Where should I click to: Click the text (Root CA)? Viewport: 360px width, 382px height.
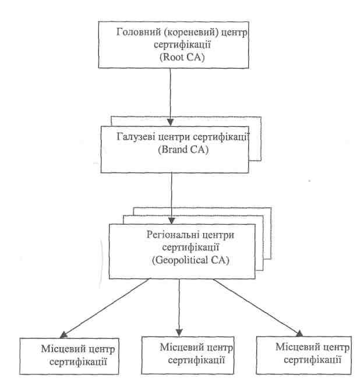tap(182, 57)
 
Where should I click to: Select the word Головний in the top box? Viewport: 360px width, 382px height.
tap(135, 32)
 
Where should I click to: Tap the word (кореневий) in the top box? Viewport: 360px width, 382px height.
tap(188, 33)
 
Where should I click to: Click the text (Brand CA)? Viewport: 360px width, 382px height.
tap(183, 149)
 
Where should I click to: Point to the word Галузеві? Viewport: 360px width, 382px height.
tap(136, 137)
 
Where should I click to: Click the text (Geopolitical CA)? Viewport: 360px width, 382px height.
tap(190, 260)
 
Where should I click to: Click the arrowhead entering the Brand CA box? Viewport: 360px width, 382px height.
tap(170, 122)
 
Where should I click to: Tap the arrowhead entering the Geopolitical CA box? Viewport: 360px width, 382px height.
tap(172, 221)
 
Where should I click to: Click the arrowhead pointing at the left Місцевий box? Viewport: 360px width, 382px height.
tap(64, 335)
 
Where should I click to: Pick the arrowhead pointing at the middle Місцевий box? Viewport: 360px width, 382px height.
tap(179, 333)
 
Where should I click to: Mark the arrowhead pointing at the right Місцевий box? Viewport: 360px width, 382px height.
tap(299, 333)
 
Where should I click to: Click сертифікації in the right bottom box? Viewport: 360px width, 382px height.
tap(312, 360)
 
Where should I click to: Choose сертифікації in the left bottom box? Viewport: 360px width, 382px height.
tap(78, 362)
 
